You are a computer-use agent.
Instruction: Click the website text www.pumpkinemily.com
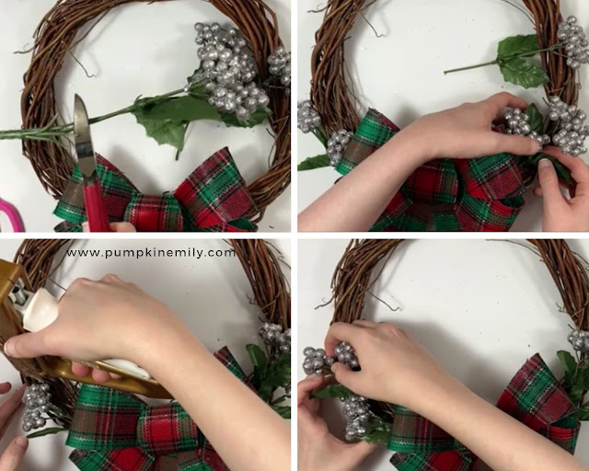[x=151, y=253]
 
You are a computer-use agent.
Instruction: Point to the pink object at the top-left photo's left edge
[x=10, y=215]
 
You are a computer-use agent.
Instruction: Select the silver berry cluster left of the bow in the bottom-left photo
[x=37, y=407]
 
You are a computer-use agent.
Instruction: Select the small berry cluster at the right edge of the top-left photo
[x=279, y=66]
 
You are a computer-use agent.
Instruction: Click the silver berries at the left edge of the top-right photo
[x=309, y=117]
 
